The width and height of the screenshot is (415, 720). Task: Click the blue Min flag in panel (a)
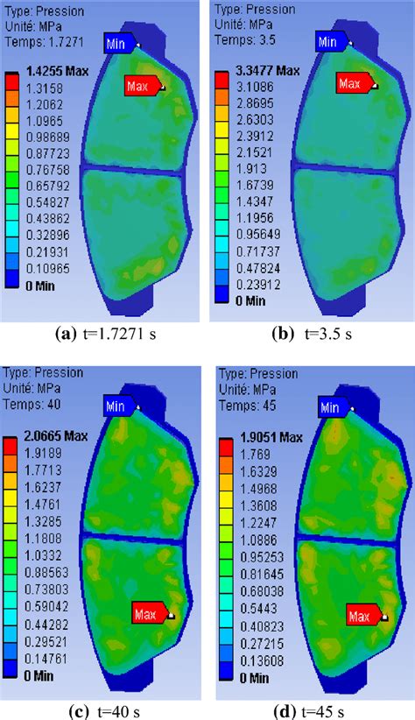coord(120,42)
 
